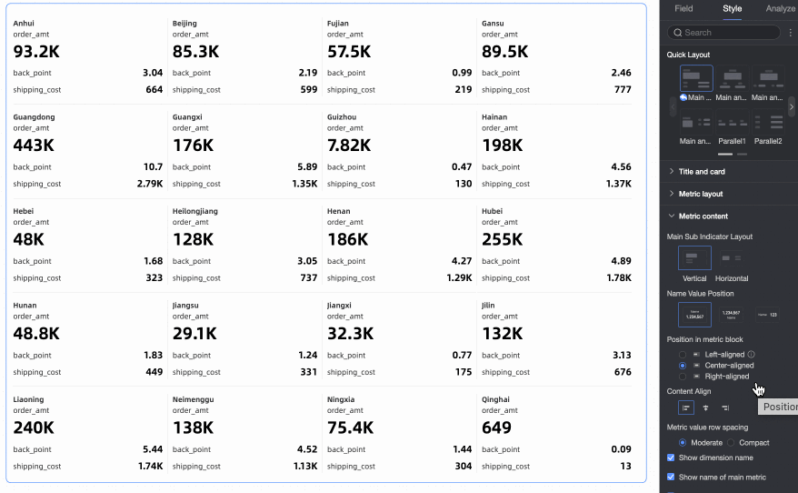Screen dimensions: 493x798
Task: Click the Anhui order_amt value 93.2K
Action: [36, 52]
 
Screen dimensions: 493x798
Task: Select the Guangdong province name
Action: [34, 117]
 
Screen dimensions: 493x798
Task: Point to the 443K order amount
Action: [34, 146]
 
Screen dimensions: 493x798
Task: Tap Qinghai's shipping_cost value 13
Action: [625, 467]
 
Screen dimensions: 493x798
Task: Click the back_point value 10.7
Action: [153, 167]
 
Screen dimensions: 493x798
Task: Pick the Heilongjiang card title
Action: [195, 211]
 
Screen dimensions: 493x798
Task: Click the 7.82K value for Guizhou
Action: [349, 146]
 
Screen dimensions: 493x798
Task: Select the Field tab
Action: [683, 9]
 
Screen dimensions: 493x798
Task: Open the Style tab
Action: [732, 9]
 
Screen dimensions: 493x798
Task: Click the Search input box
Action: [723, 33]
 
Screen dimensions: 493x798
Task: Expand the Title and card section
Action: [702, 171]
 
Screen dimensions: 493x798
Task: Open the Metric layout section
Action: [701, 194]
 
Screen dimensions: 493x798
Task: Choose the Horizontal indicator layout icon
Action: [731, 259]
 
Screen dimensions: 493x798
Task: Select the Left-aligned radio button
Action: [683, 354]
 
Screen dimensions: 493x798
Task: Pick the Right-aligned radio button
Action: [683, 376]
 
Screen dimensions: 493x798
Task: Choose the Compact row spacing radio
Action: [732, 443]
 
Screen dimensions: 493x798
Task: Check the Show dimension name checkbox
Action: [671, 458]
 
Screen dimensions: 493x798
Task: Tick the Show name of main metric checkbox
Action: [671, 477]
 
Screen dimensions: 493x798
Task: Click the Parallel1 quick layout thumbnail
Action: [732, 123]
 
